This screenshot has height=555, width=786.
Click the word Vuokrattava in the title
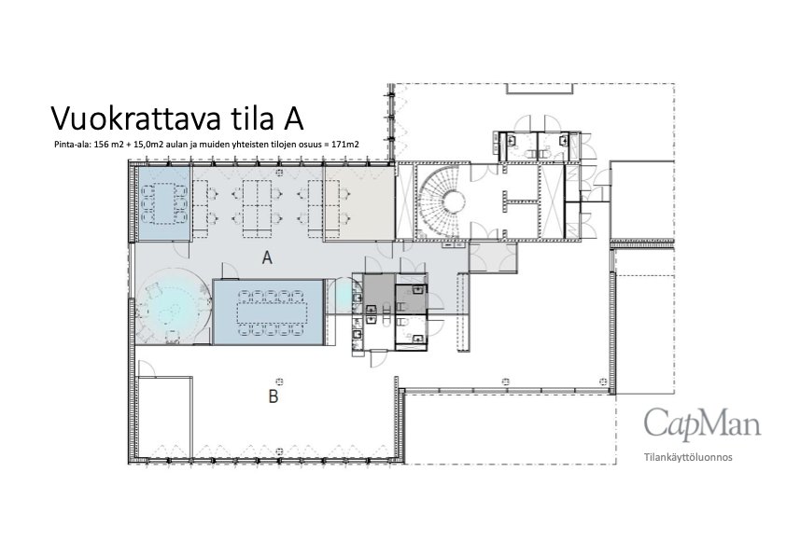click(135, 118)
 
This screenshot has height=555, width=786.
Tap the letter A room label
click(267, 258)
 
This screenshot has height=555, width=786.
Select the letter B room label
click(274, 396)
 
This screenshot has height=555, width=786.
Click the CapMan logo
click(702, 423)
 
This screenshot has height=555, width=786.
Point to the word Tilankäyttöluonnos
click(688, 457)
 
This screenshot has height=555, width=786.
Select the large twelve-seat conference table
click(272, 312)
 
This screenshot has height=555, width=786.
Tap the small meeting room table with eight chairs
click(164, 202)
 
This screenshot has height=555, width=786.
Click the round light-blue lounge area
click(172, 307)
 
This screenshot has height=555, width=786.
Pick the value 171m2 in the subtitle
click(345, 145)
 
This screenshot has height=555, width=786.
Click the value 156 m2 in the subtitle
click(109, 145)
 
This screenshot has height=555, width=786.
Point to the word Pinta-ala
click(72, 145)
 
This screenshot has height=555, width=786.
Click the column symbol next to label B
click(280, 382)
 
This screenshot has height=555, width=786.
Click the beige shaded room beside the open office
click(358, 202)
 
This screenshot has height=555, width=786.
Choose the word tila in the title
click(248, 118)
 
